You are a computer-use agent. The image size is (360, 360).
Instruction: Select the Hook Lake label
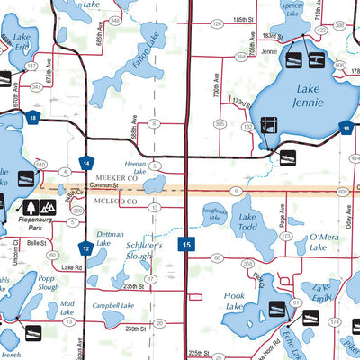234,301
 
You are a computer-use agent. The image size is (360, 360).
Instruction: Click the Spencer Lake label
291,9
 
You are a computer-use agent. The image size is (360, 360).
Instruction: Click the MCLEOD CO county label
114,202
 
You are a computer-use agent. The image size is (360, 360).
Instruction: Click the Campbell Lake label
112,306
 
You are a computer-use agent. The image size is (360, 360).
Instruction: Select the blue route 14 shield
85,163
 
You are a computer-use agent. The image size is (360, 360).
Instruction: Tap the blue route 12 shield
85,248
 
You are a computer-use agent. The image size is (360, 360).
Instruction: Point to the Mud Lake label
67,309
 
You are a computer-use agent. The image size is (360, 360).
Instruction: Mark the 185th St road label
238,19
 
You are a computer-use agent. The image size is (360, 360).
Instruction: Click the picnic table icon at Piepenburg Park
26,206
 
